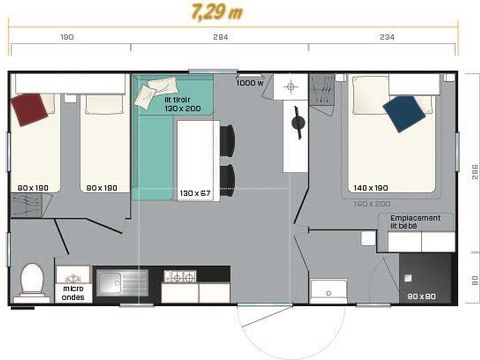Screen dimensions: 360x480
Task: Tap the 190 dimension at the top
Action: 67,37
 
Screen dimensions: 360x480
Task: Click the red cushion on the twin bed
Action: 31,107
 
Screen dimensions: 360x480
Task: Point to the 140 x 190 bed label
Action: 370,188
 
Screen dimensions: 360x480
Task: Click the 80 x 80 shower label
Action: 421,296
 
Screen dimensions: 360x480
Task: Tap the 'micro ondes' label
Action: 73,292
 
